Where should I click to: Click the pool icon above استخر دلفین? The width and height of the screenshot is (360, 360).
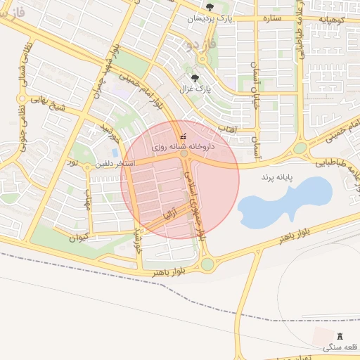[115, 152]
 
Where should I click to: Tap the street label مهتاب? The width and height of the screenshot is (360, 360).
[88, 202]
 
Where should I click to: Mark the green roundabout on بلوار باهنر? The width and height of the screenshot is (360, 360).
[207, 264]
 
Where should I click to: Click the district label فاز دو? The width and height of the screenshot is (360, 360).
[199, 46]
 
